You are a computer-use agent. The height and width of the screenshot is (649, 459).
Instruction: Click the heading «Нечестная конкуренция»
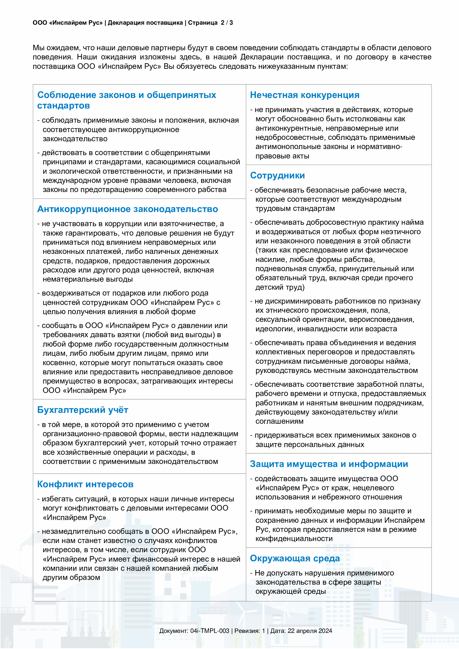tap(305, 95)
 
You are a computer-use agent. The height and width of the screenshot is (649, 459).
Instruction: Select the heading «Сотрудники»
tap(277, 176)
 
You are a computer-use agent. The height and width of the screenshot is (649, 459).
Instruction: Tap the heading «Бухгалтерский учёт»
tap(82, 410)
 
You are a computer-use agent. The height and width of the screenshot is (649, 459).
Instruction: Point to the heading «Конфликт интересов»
tap(85, 484)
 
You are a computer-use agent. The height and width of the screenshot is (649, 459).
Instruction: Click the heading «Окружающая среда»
tap(295, 558)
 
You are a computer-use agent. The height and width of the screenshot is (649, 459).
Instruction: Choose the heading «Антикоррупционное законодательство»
tap(127, 209)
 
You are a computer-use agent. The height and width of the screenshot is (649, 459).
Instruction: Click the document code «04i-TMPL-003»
tap(210, 631)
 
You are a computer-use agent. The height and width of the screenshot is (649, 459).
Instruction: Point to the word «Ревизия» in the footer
tap(247, 631)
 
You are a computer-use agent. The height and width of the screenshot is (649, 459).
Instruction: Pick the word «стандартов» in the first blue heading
tap(64, 106)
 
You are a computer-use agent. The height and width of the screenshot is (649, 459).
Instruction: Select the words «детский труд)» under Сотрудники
tap(280, 287)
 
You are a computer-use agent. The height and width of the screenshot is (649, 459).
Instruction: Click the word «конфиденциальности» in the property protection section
tap(294, 539)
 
